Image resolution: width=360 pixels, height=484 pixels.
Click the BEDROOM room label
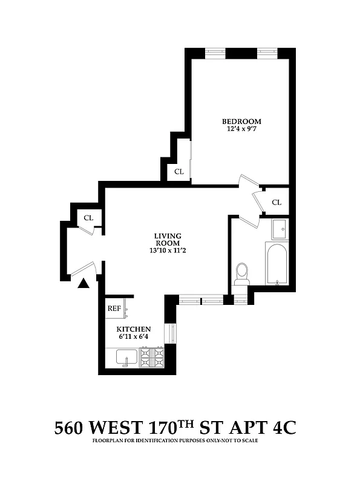pyautogui.click(x=240, y=120)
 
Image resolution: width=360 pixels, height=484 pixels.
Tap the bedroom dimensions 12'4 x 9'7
pyautogui.click(x=240, y=129)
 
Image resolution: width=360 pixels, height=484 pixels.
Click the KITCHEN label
pyautogui.click(x=133, y=329)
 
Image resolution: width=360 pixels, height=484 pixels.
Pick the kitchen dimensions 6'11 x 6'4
pyautogui.click(x=133, y=337)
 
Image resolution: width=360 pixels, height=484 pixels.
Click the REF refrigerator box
pyautogui.click(x=114, y=308)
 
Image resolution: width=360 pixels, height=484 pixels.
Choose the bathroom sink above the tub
pyautogui.click(x=279, y=229)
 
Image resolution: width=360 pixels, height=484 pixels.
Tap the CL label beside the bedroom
pyautogui.click(x=178, y=171)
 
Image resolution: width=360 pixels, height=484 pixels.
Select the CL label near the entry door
pyautogui.click(x=88, y=217)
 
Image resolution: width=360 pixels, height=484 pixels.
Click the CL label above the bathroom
pyautogui.click(x=277, y=202)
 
